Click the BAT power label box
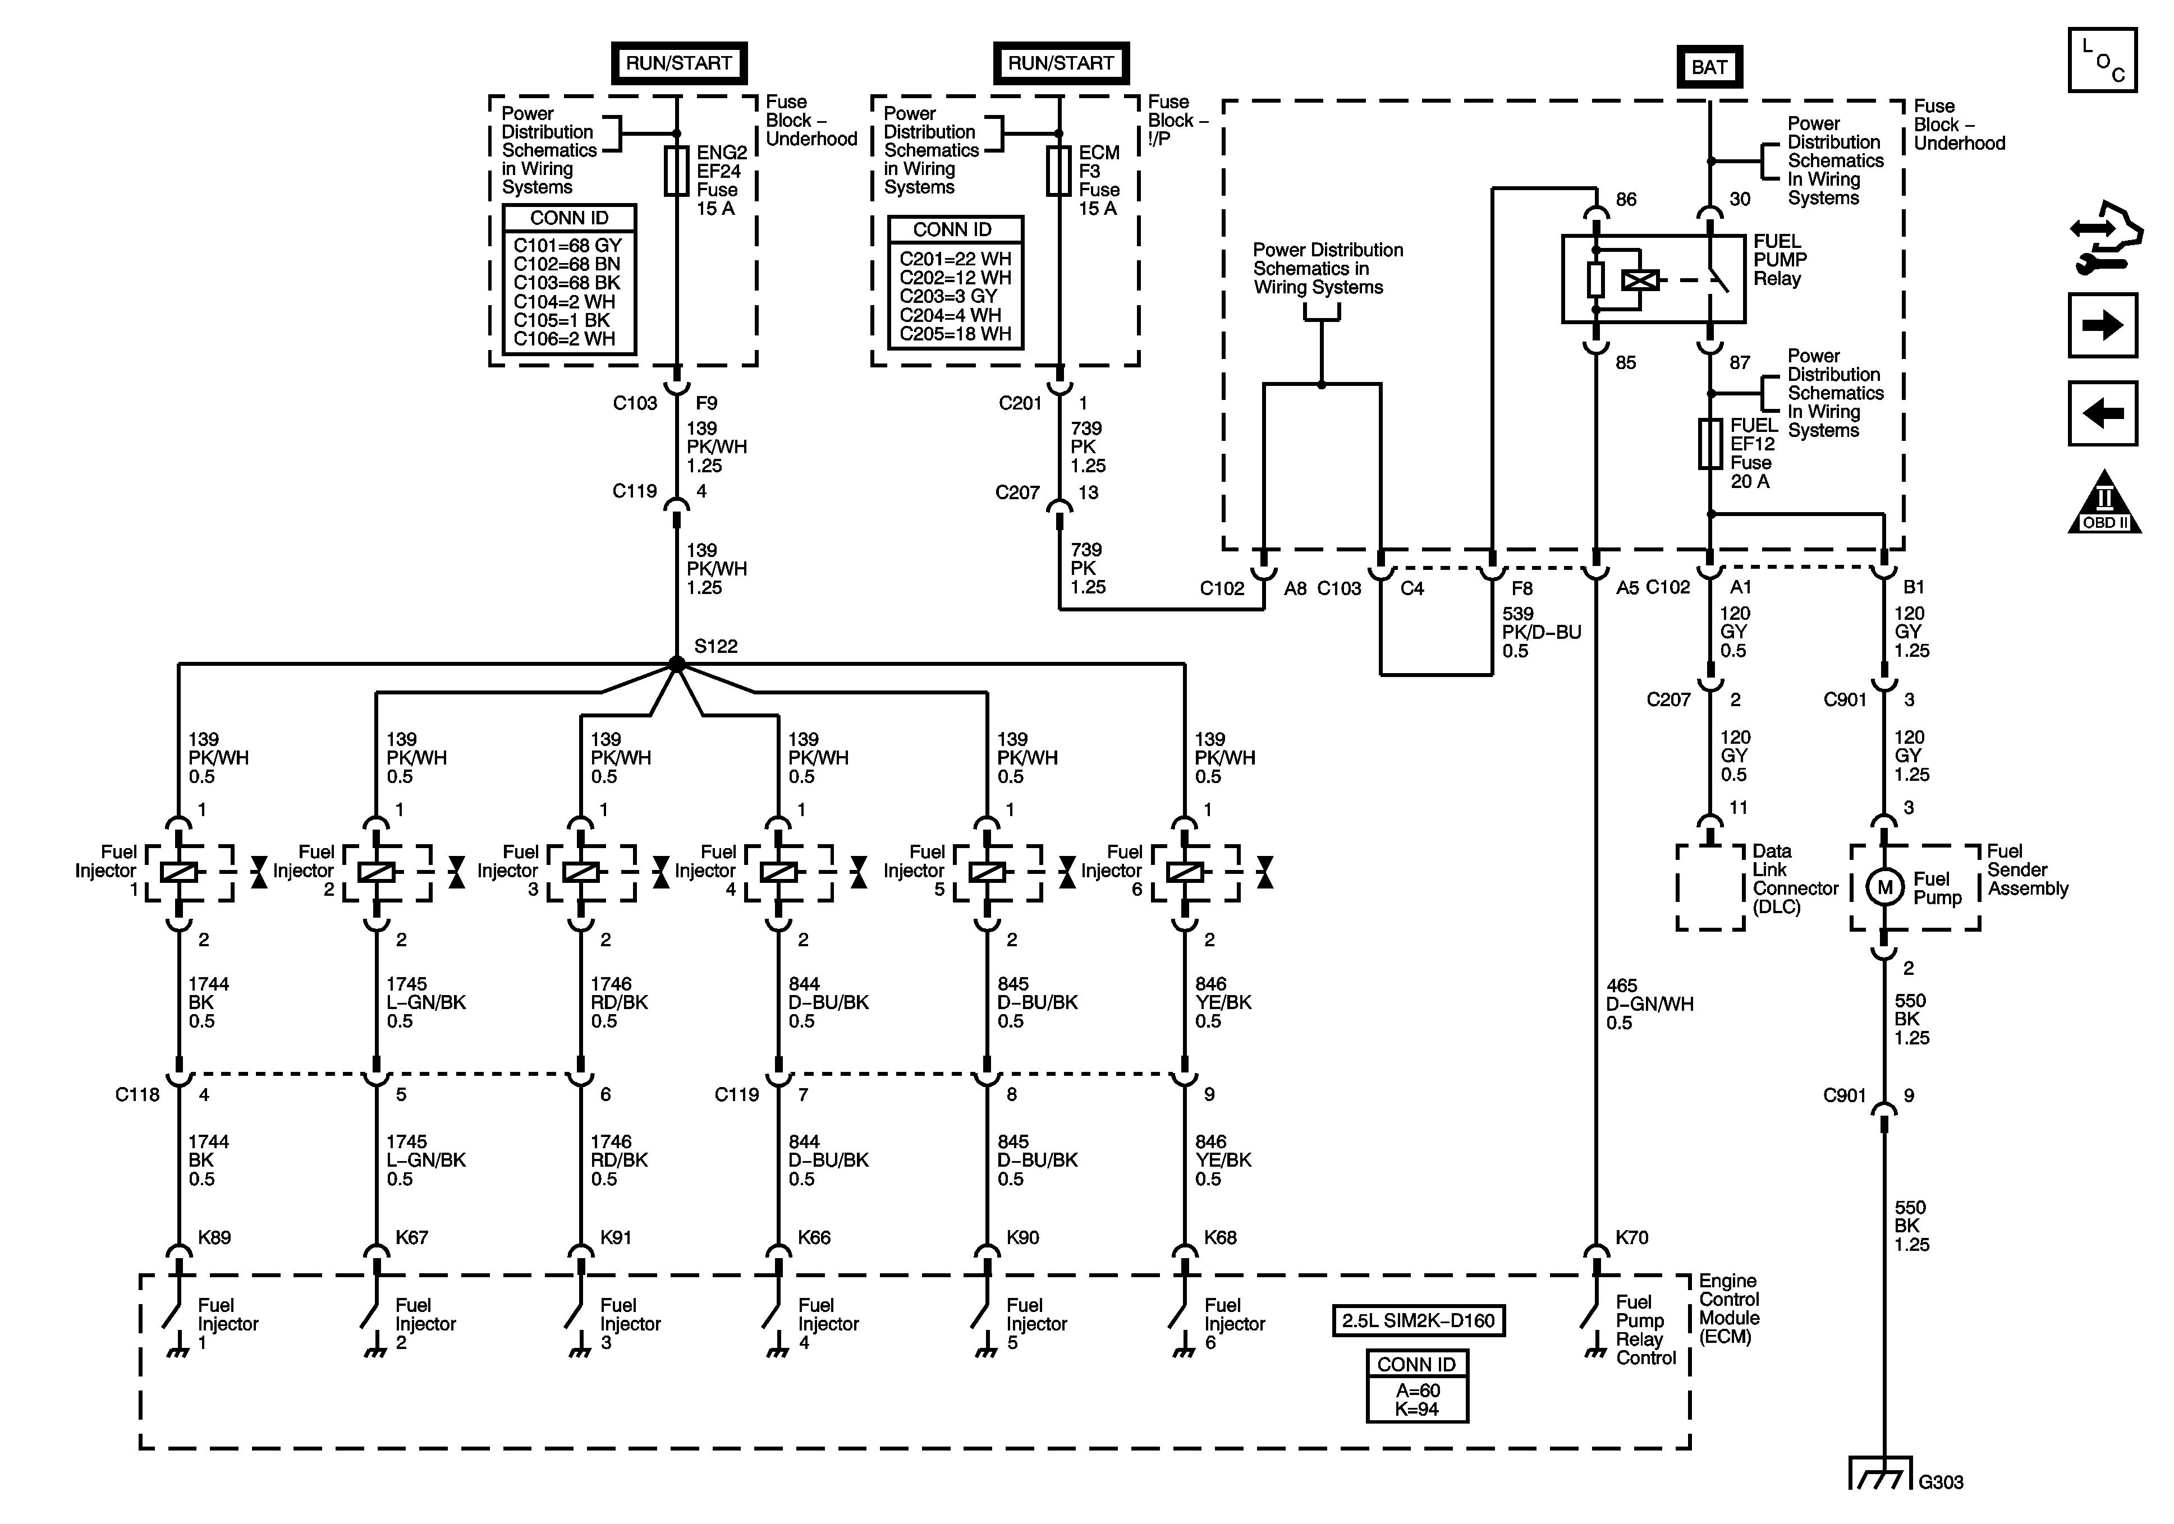click(1709, 67)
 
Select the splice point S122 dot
click(676, 665)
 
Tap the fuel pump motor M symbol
click(1884, 887)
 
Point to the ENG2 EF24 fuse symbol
click(676, 171)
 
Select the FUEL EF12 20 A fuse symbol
click(1710, 444)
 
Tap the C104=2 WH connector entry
click(565, 302)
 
